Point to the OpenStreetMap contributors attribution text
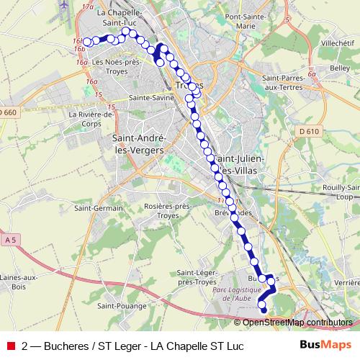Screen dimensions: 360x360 tap(297, 323)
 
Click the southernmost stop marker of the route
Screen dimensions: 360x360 tap(263, 310)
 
